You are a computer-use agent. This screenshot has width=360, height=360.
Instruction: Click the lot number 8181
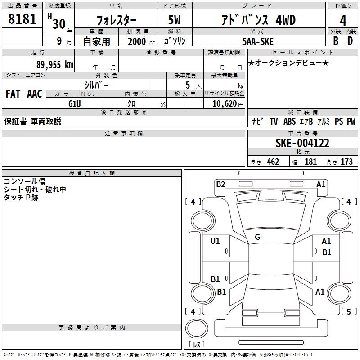coord(22,20)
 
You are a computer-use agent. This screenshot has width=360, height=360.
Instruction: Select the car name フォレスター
coord(117,20)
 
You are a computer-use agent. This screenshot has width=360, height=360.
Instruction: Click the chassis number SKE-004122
coord(302,144)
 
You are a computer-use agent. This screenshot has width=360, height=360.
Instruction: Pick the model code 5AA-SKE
coord(257,40)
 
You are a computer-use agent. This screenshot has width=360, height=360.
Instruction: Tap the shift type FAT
coord(13,94)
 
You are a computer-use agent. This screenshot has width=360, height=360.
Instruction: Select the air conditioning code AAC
coord(35,94)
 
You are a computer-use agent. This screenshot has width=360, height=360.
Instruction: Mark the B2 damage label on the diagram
coord(220,184)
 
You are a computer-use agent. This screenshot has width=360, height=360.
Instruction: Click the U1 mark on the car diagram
coord(215,241)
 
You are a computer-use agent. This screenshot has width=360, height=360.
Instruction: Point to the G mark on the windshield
coord(257,237)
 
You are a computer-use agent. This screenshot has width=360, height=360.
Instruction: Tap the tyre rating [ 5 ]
coord(348,311)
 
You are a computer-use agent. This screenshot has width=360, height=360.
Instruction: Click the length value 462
coord(273,162)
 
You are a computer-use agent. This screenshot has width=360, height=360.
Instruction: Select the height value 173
coord(346,162)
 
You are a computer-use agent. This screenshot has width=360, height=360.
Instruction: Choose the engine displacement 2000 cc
coord(138,41)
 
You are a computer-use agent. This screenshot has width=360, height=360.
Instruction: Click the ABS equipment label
coord(289,121)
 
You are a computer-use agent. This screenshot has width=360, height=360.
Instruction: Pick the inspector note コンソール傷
coord(24,181)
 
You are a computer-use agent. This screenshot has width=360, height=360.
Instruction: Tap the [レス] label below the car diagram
coord(197,345)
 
